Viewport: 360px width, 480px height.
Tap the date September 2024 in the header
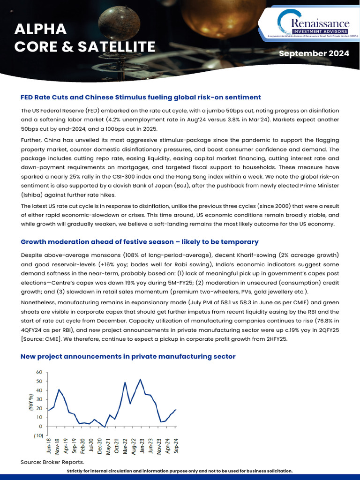point(314,53)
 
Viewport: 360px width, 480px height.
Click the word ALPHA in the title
point(40,29)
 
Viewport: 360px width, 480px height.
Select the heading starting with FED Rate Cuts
point(141,97)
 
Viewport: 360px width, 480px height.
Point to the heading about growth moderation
point(139,242)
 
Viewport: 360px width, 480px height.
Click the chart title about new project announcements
point(127,357)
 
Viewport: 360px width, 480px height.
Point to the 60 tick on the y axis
point(39,372)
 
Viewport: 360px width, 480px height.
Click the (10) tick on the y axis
point(38,435)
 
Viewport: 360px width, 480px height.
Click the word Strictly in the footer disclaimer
point(78,471)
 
